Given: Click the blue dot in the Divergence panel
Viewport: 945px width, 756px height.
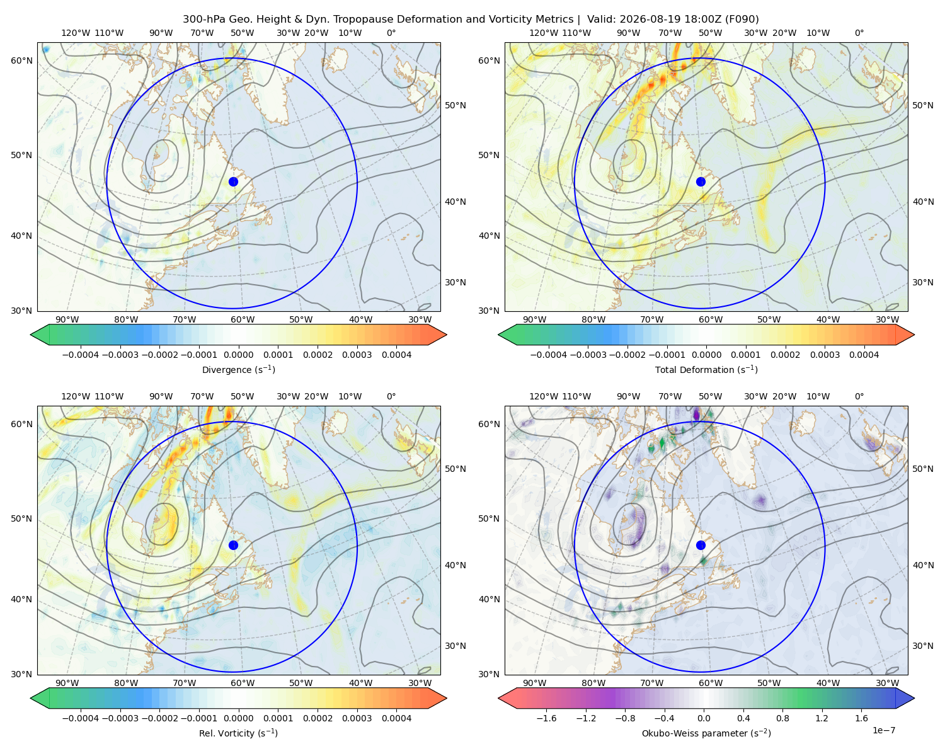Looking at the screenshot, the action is [x=233, y=181].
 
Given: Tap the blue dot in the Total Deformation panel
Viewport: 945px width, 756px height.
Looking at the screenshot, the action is [x=701, y=181].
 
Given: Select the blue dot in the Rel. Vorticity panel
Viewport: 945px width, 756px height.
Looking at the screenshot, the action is [x=233, y=545].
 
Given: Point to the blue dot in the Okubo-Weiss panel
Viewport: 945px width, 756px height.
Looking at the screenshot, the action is [x=701, y=545].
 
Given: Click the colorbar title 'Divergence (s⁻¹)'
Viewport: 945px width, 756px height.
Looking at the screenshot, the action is [x=238, y=369].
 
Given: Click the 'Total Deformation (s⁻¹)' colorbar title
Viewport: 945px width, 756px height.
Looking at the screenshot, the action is [x=706, y=369].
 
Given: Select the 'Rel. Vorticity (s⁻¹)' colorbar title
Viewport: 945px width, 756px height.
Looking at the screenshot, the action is [x=238, y=733].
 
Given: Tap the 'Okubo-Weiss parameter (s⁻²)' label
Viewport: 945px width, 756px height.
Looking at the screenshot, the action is [x=706, y=733].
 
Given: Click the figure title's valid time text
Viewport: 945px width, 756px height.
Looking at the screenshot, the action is [x=673, y=19].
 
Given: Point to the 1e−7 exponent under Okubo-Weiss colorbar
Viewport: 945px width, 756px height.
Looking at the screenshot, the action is [x=883, y=730].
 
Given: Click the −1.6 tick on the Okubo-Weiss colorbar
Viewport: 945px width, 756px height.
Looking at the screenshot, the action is [x=546, y=718].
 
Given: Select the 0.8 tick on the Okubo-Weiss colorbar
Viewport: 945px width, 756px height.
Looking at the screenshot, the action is [x=782, y=718].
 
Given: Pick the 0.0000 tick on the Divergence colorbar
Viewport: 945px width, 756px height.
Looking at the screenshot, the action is [x=238, y=355].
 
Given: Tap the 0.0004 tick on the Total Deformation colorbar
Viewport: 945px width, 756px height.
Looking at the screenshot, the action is [x=864, y=355].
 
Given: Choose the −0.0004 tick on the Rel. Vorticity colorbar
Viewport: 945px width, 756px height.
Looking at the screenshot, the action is [x=81, y=718].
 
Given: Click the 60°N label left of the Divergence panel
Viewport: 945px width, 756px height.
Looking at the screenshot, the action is [x=21, y=60].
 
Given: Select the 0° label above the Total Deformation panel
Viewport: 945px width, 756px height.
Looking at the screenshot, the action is [x=859, y=33].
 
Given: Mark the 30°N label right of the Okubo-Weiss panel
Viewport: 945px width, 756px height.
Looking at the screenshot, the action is [x=922, y=645].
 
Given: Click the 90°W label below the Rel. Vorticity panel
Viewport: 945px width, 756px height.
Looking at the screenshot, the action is [x=67, y=683].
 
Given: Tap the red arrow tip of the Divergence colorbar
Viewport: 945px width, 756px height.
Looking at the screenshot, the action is [x=446, y=335].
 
